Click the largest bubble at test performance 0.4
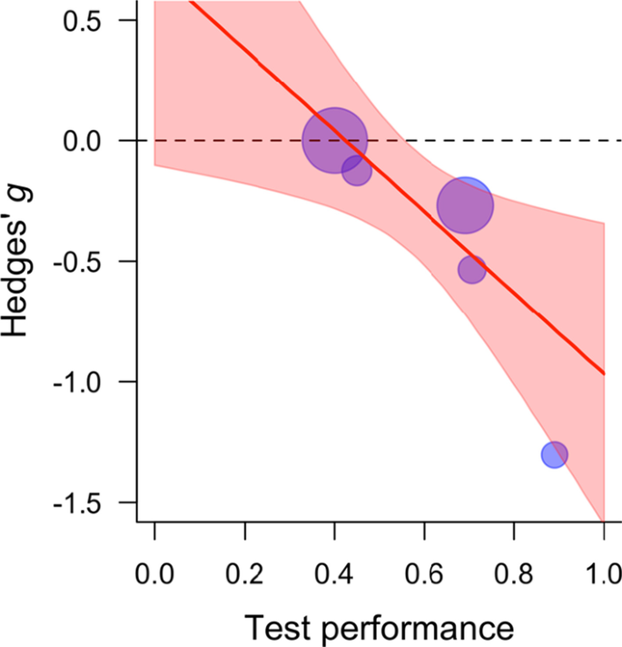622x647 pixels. tap(334, 141)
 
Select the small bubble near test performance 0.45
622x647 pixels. tap(357, 170)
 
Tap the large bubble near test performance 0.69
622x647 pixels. tap(465, 205)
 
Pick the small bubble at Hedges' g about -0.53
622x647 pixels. tap(471, 269)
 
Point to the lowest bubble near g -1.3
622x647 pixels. tap(555, 454)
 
